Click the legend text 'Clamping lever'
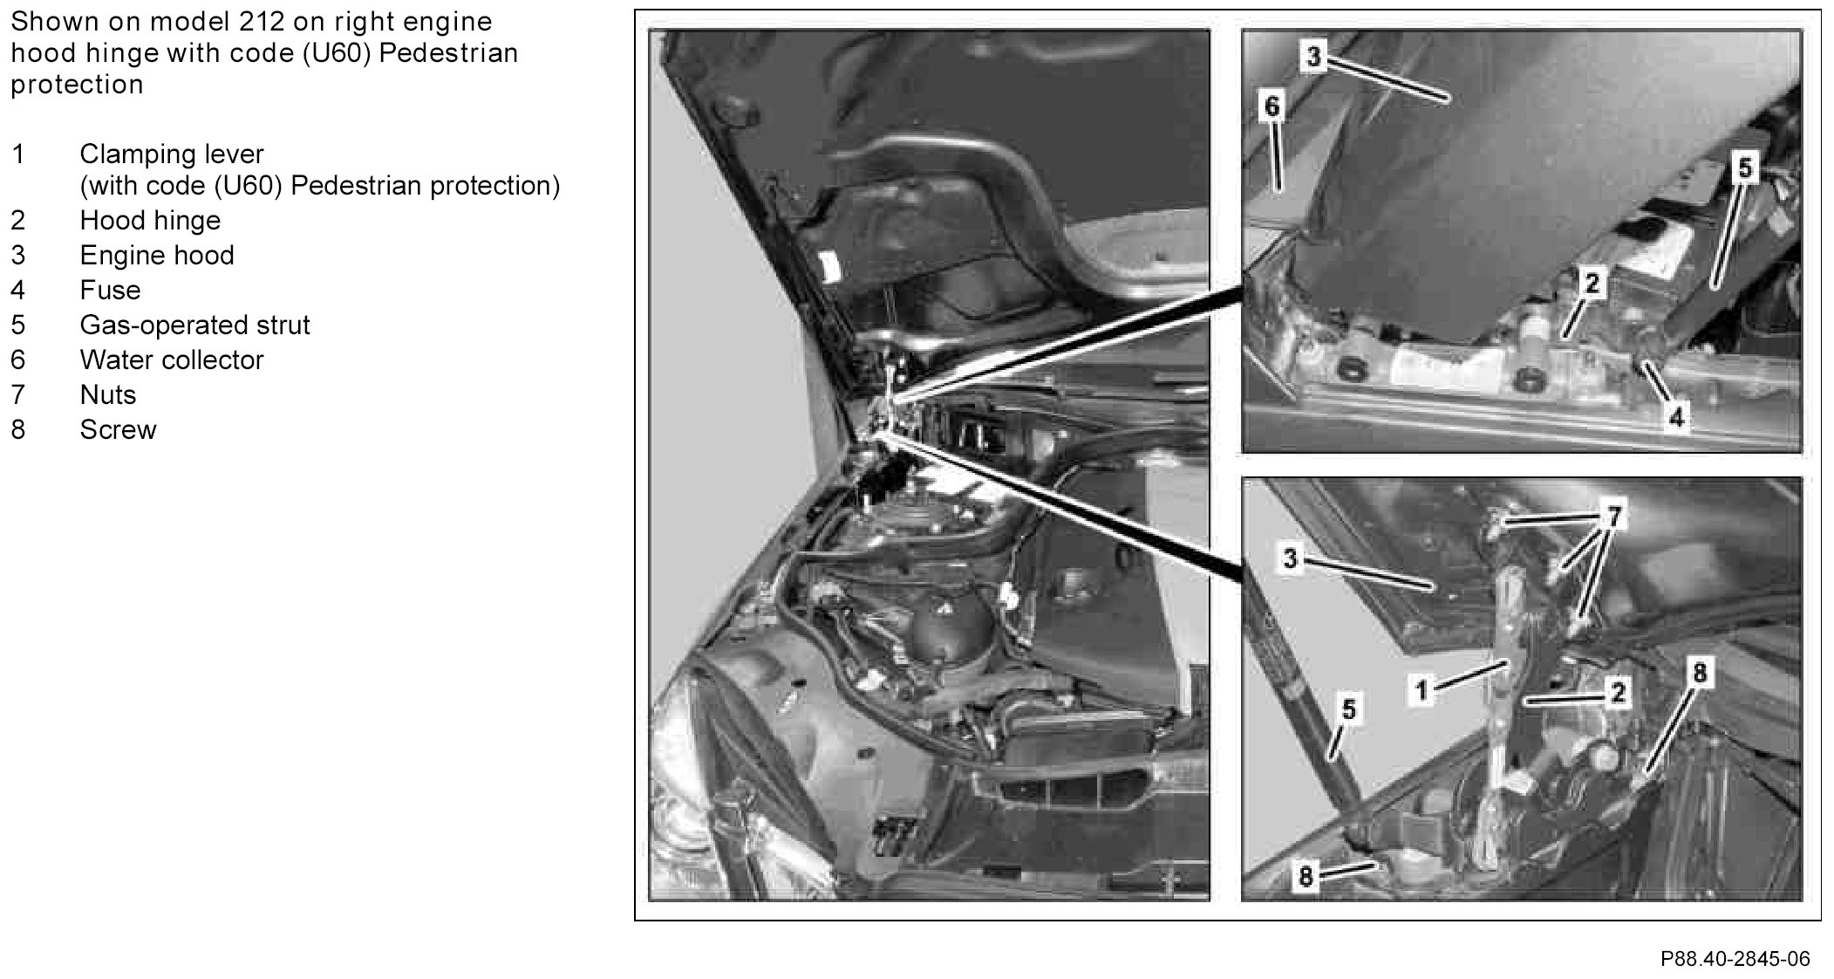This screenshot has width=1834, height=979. coord(172,155)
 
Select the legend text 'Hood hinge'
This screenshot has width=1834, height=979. coord(150,221)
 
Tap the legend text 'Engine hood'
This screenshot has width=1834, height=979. coord(157,256)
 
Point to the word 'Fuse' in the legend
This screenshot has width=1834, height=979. coord(110,290)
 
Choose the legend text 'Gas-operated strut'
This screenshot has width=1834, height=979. coord(194,325)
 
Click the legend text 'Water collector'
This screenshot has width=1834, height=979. coord(172,359)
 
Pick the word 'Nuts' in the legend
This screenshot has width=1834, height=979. coord(108,394)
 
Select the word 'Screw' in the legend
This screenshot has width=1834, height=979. coord(118,429)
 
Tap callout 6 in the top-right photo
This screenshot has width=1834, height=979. coord(1272,106)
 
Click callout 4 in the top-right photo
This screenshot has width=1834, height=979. coord(1676,417)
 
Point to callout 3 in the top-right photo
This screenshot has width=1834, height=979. coord(1313,57)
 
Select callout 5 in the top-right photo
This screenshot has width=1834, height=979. coord(1744,168)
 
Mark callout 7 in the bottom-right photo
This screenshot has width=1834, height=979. coord(1613,517)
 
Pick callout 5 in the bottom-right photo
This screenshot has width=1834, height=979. coord(1348,709)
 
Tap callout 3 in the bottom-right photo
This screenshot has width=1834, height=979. coord(1291,558)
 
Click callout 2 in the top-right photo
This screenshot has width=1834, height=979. coord(1592,283)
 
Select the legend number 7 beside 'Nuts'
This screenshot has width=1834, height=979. coord(18,394)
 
